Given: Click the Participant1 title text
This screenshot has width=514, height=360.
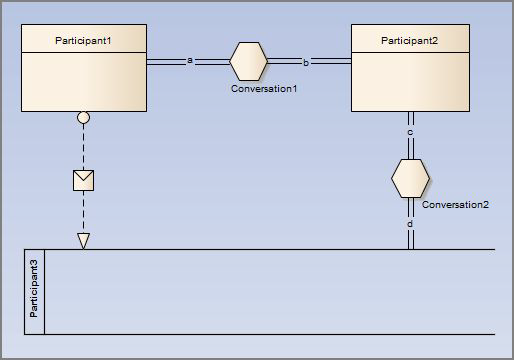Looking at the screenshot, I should click(84, 39).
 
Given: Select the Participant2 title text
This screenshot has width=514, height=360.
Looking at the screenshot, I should click(410, 39).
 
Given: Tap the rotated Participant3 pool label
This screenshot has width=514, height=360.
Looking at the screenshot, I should click(34, 290).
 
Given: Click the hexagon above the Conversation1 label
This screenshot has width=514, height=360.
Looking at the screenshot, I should click(249, 61).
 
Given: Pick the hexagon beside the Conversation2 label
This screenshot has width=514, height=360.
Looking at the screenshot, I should click(410, 178).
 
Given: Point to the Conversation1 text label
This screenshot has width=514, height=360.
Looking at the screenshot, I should click(264, 90).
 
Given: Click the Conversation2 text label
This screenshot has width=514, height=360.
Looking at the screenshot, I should click(455, 205).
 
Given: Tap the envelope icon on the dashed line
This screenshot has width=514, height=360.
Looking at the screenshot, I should click(84, 180).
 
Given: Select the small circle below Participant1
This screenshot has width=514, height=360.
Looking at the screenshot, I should click(84, 118).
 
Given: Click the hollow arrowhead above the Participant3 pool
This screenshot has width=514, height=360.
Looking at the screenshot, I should click(84, 240).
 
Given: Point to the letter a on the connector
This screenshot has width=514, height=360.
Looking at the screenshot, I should click(190, 61).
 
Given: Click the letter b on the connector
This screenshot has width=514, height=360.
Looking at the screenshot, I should click(306, 62).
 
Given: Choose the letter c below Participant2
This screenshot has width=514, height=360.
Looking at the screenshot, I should click(410, 131).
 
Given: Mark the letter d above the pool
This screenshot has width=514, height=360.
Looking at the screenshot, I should click(410, 225).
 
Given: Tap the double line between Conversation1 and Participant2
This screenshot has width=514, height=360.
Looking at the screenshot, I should click(330, 62).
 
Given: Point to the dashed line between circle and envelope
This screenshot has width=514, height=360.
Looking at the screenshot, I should click(84, 146).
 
